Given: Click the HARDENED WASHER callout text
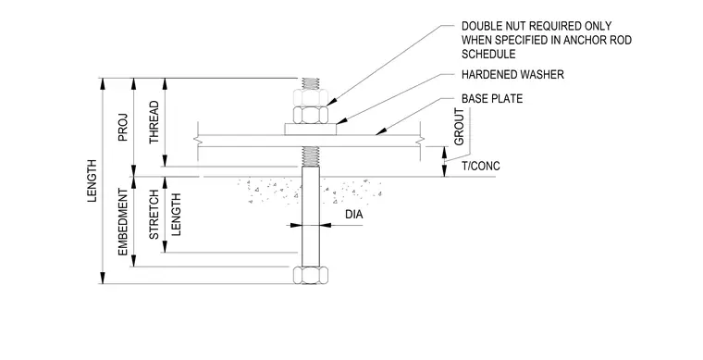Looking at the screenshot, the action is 512,74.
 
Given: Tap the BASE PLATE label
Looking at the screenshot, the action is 492,99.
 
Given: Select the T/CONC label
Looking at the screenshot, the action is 481,167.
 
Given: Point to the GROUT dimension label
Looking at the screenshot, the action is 459,127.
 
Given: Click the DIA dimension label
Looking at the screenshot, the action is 353,215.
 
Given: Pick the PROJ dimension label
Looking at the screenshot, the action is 123,128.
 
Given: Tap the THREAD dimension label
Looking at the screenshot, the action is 154,122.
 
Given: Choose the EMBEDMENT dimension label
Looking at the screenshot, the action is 123,222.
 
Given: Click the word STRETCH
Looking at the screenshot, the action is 154,215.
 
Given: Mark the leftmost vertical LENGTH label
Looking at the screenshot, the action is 92,180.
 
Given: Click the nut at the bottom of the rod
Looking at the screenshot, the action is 311,275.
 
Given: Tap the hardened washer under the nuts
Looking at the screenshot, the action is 311,130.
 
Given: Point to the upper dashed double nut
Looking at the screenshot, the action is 311,97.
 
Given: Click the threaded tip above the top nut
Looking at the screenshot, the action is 311,83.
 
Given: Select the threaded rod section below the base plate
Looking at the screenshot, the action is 311,156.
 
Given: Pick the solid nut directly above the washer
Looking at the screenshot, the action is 311,115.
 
